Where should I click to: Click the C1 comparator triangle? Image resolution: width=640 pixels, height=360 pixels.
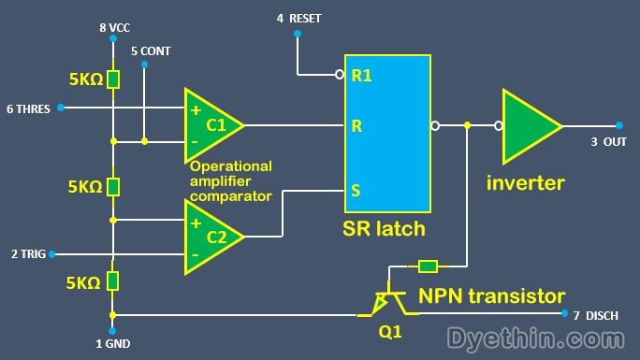pos(211,124)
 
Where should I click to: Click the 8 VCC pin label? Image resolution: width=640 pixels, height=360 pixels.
pos(114,28)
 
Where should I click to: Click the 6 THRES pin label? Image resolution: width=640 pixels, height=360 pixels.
pos(28,108)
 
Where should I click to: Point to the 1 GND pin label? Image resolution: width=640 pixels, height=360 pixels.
pos(112,344)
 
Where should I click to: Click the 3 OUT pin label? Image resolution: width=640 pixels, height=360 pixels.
pos(608,142)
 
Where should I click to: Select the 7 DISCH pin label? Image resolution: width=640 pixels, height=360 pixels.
pos(595,316)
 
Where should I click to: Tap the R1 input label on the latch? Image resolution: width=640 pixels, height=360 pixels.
pos(361,76)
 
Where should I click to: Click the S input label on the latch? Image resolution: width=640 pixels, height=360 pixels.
pos(356,190)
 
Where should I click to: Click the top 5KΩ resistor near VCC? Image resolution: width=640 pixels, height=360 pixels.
pos(113,79)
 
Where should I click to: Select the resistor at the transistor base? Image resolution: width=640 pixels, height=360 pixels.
pos(428,266)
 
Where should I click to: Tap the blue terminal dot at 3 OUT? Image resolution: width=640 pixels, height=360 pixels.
pos(619,124)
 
